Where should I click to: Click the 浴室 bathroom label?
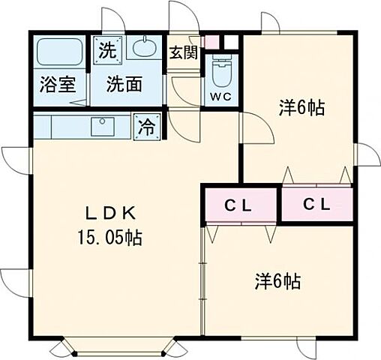tap(58, 84)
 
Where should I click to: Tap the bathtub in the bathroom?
tap(61, 53)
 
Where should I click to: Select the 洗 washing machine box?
tap(108, 51)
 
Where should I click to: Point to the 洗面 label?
tap(124, 84)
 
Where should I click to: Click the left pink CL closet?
tap(240, 204)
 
